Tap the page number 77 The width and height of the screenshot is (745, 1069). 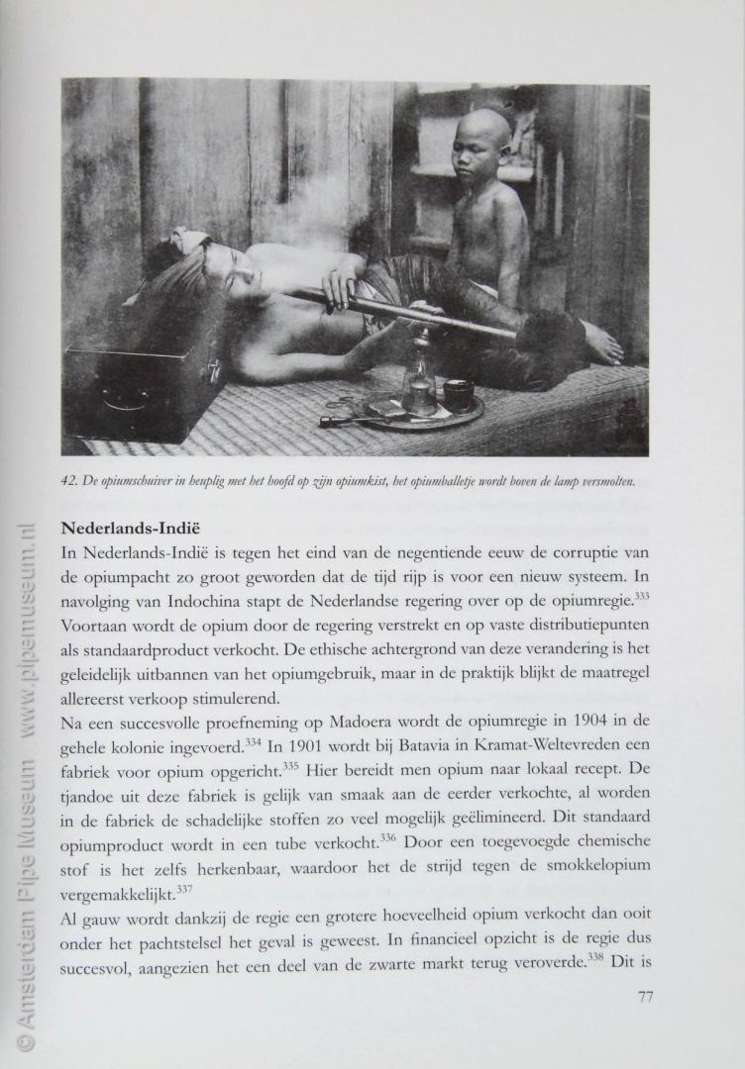(x=644, y=996)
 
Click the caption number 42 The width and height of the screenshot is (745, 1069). (x=68, y=482)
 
